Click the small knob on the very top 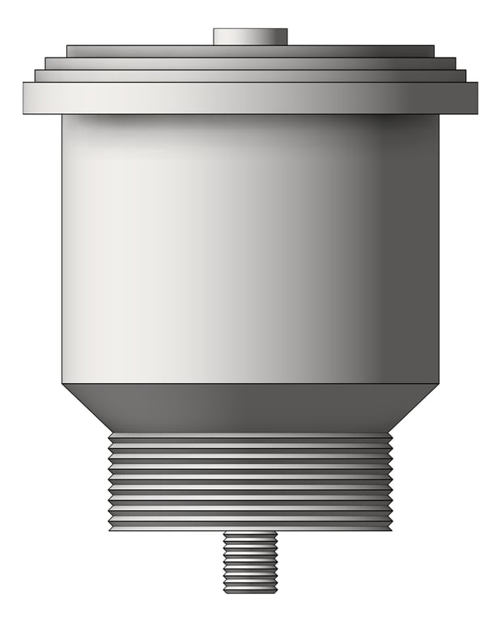tap(250, 36)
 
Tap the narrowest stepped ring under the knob tap(250, 51)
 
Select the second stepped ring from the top tap(250, 63)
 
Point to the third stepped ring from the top tap(250, 75)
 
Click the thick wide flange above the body tap(250, 97)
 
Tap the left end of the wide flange tap(27, 97)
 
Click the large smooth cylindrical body tap(250, 247)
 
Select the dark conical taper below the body tap(250, 407)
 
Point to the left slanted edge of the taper tap(86, 407)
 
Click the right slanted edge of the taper tap(415, 407)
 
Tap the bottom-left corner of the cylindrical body tap(63, 382)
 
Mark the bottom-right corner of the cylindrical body tap(438, 382)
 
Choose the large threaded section tap(250, 481)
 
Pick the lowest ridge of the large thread tap(250, 526)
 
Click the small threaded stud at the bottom tap(250, 561)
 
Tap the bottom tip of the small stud tap(250, 591)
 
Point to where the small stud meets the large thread tap(250, 531)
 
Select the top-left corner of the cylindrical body tap(63, 115)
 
